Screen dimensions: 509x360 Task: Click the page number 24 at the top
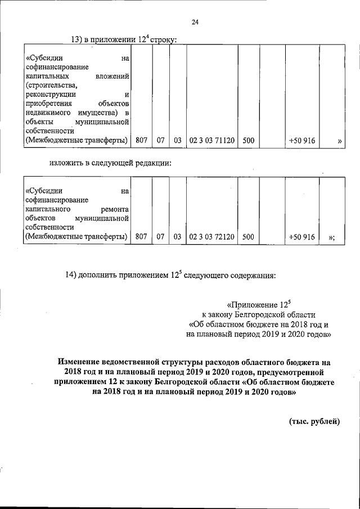click(x=195, y=22)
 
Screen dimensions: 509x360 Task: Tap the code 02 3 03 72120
click(x=211, y=237)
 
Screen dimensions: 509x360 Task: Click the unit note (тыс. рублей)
click(x=314, y=422)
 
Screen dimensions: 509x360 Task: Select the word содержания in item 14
click(x=253, y=276)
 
